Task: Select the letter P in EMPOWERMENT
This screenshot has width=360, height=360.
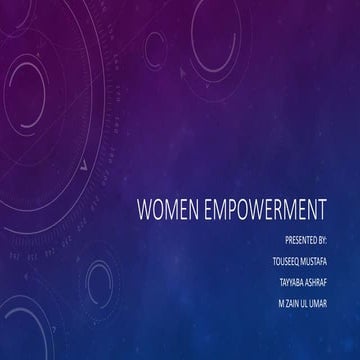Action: click(239, 213)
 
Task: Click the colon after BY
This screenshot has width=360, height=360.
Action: click(339, 241)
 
